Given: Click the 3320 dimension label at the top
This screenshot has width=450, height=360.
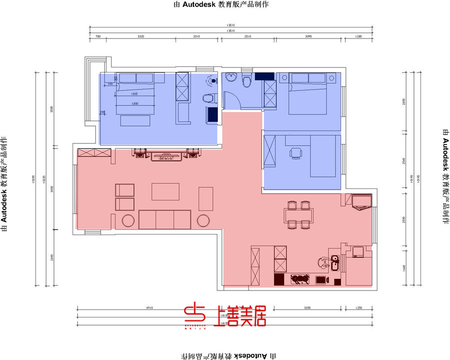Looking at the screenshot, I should (x=140, y=36).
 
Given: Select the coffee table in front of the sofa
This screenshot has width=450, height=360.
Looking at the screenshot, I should (x=165, y=191).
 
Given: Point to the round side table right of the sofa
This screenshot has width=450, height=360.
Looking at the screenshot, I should (x=203, y=220).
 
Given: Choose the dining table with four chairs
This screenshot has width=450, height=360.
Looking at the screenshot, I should (x=299, y=214).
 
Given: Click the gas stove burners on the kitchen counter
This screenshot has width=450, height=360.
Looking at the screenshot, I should (x=299, y=279).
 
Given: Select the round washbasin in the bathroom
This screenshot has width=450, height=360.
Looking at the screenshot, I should (x=230, y=77).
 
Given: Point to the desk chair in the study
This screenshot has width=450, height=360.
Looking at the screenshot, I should (x=296, y=152).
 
